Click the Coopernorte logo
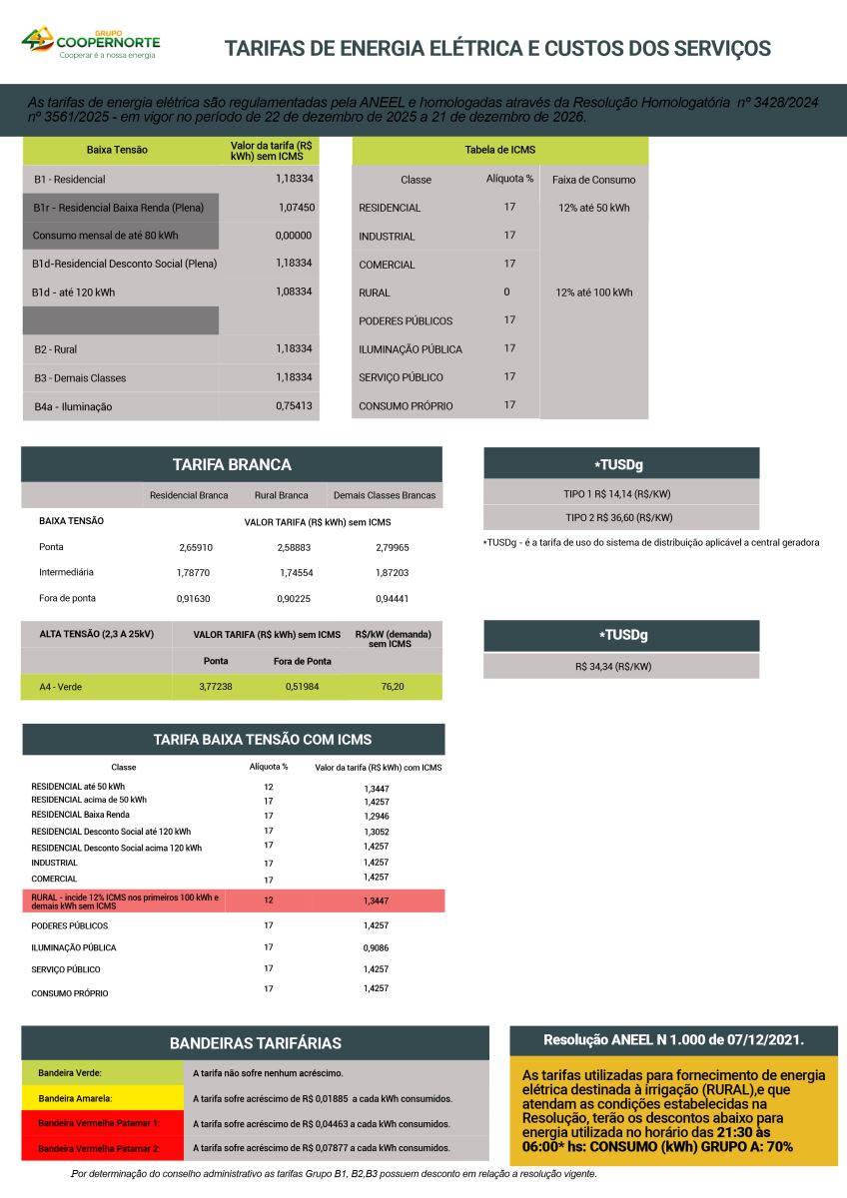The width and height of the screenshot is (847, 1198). (x=91, y=43)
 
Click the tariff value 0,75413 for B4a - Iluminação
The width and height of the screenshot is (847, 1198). (x=294, y=406)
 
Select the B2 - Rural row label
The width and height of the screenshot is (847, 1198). (x=56, y=349)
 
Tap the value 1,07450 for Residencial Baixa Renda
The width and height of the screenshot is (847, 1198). (x=297, y=208)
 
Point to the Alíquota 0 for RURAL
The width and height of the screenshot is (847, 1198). (x=507, y=293)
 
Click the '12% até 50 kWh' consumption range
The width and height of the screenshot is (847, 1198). (x=593, y=208)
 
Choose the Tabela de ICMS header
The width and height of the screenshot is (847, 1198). (x=499, y=150)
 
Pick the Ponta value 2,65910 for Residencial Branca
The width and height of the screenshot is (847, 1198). (x=196, y=547)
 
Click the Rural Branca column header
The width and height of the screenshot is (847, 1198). (x=281, y=495)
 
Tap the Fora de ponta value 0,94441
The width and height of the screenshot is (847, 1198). (x=393, y=599)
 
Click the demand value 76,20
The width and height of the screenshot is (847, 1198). (x=392, y=687)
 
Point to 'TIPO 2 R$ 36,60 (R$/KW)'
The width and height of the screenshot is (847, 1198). (x=619, y=517)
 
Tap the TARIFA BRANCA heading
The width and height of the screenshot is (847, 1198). (x=232, y=464)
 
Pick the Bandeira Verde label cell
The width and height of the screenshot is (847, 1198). (x=71, y=1073)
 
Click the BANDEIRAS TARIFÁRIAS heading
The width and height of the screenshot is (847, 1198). (x=256, y=1043)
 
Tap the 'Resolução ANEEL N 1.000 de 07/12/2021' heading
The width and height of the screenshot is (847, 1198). (x=673, y=1040)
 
